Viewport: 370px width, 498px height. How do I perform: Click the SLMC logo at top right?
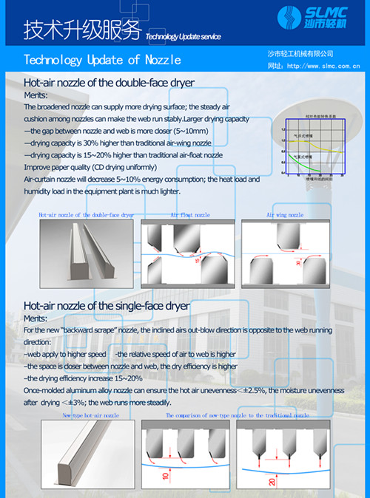[317, 18]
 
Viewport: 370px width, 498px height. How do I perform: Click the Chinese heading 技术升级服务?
[81, 30]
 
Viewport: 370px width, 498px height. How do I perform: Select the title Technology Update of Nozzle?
[102, 59]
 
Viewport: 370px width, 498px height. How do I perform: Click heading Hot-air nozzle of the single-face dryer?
[107, 305]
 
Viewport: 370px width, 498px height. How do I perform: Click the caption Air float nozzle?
[190, 215]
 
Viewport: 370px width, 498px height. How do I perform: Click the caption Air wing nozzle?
[285, 215]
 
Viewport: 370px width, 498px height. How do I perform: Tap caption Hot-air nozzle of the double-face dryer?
[87, 215]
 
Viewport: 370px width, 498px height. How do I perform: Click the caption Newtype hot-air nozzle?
[90, 416]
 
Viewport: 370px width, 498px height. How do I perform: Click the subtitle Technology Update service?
[184, 36]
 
